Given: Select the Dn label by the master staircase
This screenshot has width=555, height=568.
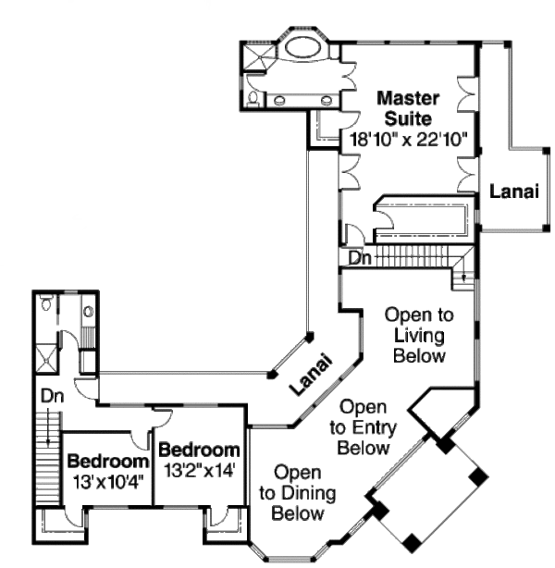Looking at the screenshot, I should point(361,258).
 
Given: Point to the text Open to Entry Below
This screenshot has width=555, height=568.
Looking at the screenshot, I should point(363,426).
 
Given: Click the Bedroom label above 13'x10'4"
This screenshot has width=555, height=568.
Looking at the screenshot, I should point(108,462).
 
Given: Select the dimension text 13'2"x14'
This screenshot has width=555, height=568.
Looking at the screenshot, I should point(199,470).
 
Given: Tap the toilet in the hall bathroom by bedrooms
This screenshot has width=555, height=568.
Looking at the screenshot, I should point(47,303).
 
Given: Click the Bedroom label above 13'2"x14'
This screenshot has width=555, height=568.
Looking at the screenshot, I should point(199,451).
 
